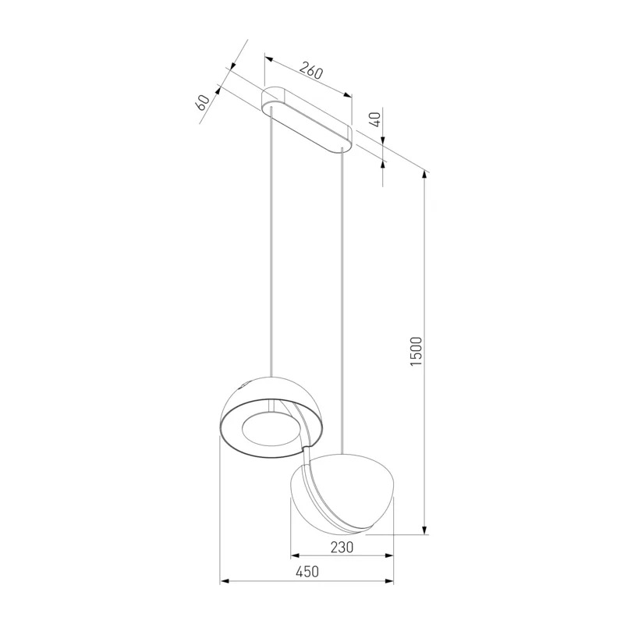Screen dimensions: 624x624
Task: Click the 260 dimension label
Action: [310, 70]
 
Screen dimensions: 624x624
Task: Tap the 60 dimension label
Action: [202, 103]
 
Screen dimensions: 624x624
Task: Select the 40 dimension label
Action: [375, 119]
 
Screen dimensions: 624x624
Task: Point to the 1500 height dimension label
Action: [416, 352]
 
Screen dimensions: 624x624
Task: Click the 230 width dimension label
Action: [342, 548]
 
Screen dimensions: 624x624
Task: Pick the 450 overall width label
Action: [307, 572]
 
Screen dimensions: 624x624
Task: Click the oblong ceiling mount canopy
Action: [307, 120]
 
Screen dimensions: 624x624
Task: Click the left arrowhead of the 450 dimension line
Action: [225, 581]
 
